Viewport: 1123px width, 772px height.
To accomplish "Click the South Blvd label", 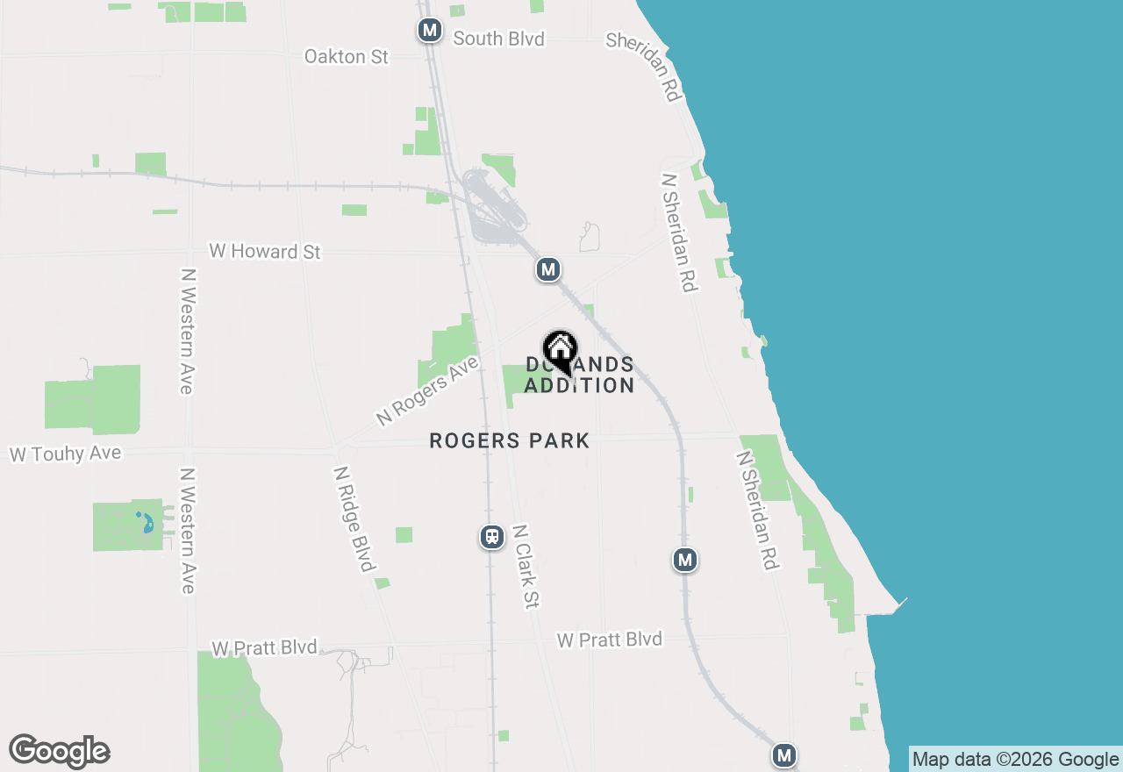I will (498, 39).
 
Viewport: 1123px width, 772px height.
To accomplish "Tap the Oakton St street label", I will (346, 56).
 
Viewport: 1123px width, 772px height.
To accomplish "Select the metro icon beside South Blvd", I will (429, 31).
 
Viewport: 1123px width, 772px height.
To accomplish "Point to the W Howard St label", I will (265, 252).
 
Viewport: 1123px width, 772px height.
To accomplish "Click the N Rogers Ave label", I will (427, 391).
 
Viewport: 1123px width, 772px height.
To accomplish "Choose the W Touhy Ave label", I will (65, 454).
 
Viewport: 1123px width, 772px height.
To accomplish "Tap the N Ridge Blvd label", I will (354, 518).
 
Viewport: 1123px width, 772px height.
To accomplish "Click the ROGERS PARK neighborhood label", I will (510, 440).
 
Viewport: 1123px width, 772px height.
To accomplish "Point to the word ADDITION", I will (579, 386).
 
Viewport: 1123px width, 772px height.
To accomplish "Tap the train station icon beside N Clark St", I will (492, 537).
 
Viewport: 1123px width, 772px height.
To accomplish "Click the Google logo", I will (59, 751).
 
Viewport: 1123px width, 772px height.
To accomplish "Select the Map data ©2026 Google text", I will (1016, 760).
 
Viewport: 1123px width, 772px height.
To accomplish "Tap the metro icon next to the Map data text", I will (784, 754).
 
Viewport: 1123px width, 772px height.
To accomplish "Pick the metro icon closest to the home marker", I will (548, 269).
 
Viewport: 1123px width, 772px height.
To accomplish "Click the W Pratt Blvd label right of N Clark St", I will (609, 640).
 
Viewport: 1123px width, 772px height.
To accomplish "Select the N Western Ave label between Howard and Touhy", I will (186, 332).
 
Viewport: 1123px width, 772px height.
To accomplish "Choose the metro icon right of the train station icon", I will (685, 559).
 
